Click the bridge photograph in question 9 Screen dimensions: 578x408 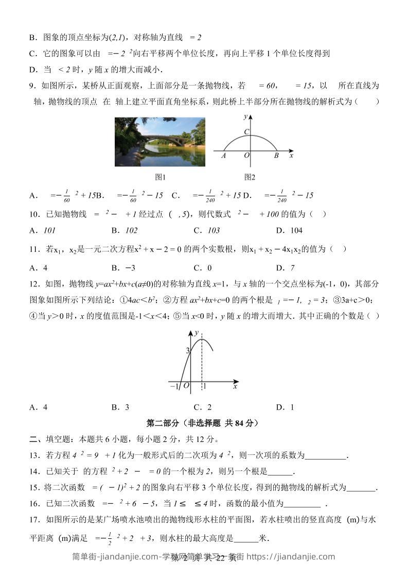click(159, 141)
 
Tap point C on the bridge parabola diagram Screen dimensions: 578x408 click(246, 132)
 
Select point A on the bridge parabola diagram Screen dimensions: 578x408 click(224, 155)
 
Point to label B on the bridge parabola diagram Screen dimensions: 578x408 click(276, 155)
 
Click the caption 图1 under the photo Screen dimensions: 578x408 click(160, 177)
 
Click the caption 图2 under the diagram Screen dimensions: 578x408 click(250, 177)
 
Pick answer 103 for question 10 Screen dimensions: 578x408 click(214, 230)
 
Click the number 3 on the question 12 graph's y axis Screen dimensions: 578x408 click(188, 351)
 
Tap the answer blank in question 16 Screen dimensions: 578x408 click(302, 504)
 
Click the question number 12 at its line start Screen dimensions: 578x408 click(34, 284)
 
